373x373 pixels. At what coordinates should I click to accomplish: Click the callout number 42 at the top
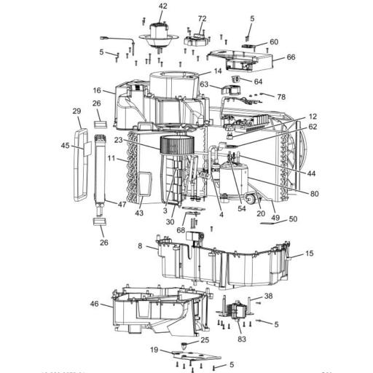pos(162,6)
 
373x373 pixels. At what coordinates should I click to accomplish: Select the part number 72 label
pos(202,18)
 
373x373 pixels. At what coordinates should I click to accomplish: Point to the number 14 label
pos(217,71)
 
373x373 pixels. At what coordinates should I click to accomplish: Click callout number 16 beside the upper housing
pos(96,90)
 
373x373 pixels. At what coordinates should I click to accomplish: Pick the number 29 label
pos(76,111)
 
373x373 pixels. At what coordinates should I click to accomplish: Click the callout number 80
pos(315,194)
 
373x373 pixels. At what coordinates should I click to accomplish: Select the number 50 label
pos(293,219)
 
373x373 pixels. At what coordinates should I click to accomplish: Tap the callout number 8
pos(140,246)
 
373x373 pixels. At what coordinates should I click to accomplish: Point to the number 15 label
pos(310,254)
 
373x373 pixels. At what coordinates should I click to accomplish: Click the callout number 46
pos(94,303)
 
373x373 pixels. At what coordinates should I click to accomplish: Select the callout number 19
pos(154,350)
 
